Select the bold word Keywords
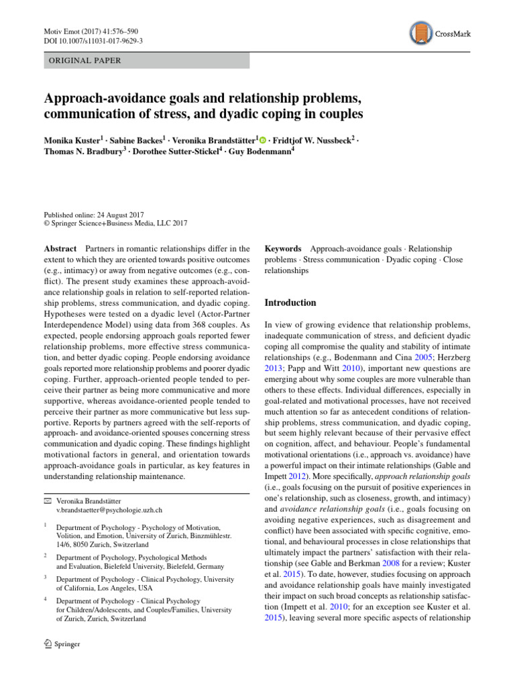click(x=284, y=249)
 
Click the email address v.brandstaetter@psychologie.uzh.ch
click(x=109, y=511)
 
